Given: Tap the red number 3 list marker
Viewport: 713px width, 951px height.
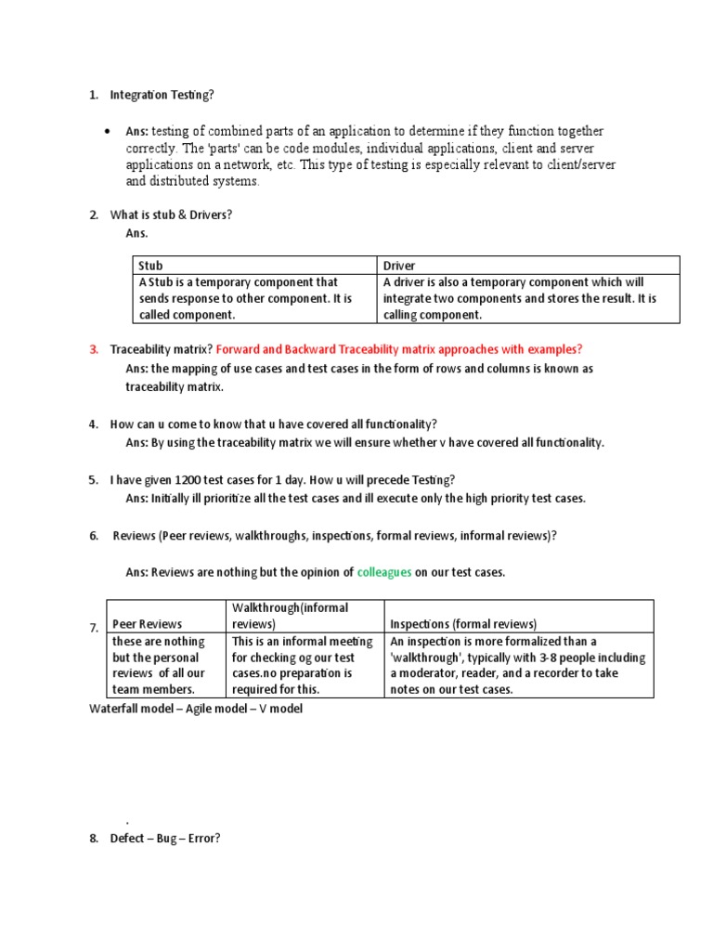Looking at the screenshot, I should (94, 349).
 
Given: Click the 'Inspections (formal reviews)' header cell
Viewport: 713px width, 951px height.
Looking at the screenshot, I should (518, 624).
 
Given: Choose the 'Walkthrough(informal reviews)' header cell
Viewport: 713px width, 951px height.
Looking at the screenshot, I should (304, 616).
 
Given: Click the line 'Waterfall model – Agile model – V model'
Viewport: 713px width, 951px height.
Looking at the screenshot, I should (195, 709).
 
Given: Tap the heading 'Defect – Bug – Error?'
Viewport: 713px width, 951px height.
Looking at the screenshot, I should (164, 838).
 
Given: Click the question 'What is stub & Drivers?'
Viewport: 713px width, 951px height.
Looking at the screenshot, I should (171, 215).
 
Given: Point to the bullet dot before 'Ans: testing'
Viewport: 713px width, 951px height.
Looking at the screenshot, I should (110, 132).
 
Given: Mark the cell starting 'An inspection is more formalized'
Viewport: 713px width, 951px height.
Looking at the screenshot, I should (518, 665).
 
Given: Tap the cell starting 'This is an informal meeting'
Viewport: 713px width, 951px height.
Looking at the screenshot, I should (304, 665).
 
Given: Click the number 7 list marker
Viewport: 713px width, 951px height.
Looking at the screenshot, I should (94, 628).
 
